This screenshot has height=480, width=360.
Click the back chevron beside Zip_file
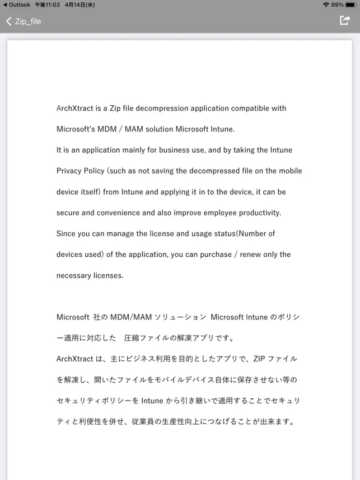(8, 21)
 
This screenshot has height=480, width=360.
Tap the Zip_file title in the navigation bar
(28, 21)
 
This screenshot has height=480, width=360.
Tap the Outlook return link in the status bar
(16, 4)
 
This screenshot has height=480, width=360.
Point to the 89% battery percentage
(337, 4)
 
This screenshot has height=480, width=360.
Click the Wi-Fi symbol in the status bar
(326, 4)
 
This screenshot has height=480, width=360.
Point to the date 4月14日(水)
(80, 4)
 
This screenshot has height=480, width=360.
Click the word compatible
(251, 109)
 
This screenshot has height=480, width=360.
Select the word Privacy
(69, 171)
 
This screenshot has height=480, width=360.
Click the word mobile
(291, 171)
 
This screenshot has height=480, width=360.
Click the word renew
(250, 255)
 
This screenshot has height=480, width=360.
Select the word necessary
(75, 275)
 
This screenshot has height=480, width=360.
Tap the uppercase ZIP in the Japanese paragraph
(259, 359)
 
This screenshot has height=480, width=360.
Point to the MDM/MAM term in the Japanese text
(129, 317)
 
